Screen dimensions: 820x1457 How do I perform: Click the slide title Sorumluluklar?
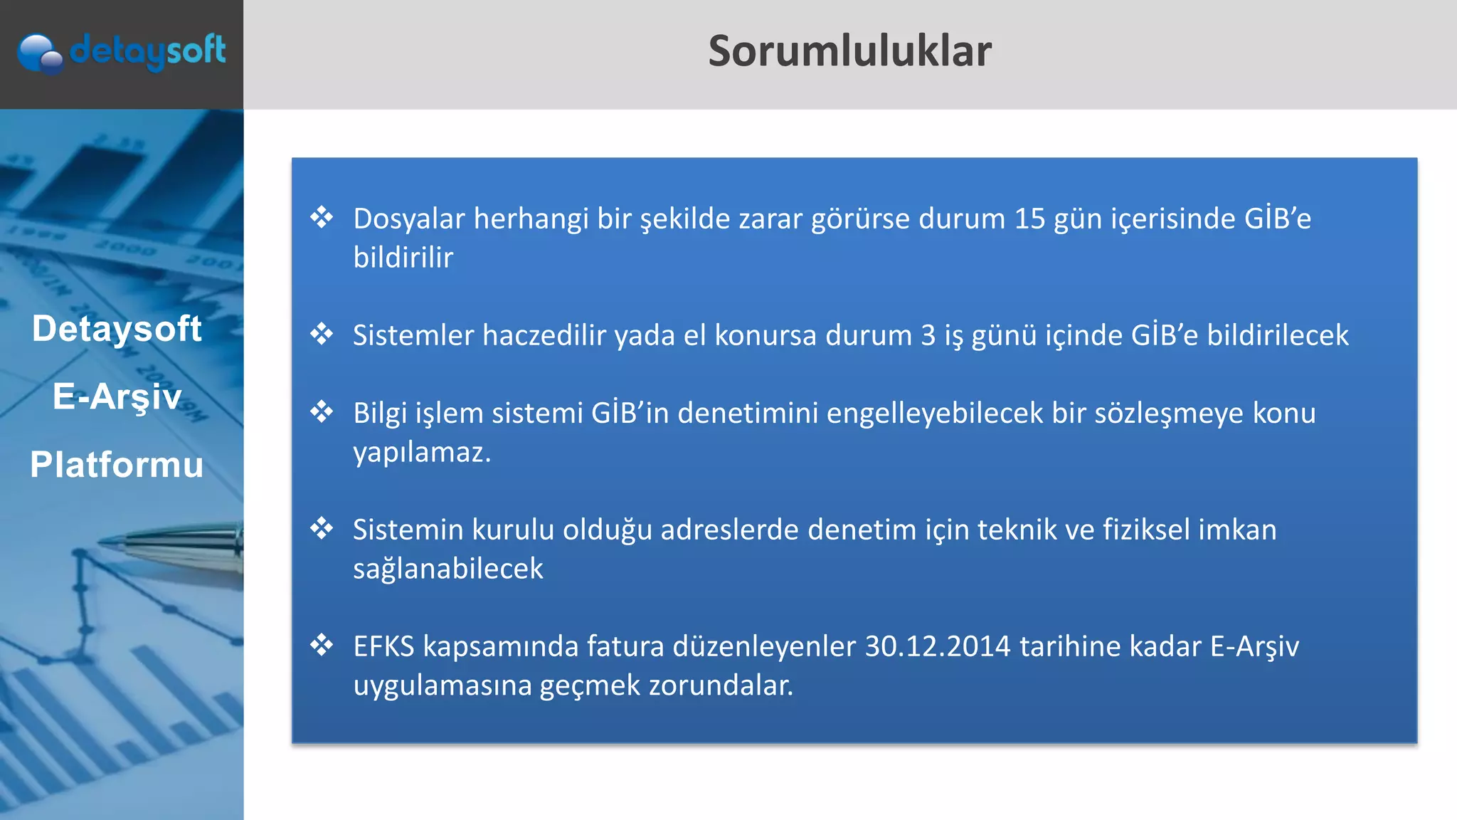coord(849,51)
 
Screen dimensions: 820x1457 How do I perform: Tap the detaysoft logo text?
coord(147,51)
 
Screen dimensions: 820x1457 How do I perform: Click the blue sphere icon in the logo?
coord(39,53)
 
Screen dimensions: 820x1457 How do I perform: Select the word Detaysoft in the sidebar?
coord(117,329)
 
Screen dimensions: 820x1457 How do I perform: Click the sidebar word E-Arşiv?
coord(117,396)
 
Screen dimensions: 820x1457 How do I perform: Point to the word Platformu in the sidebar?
coord(117,465)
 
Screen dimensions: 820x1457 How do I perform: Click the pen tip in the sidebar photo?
coord(107,542)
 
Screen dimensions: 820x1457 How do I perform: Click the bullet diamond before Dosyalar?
coord(322,217)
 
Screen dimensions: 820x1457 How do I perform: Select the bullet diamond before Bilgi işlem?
coord(322,411)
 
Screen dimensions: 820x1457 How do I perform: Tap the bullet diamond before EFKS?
coord(322,645)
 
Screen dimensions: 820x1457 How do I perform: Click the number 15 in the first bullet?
coord(1029,219)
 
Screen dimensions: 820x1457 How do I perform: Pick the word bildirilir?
coord(403,258)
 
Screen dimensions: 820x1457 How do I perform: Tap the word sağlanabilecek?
coord(447,569)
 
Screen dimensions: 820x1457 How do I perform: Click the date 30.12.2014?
coord(938,646)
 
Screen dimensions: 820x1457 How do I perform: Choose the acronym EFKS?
coord(383,646)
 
